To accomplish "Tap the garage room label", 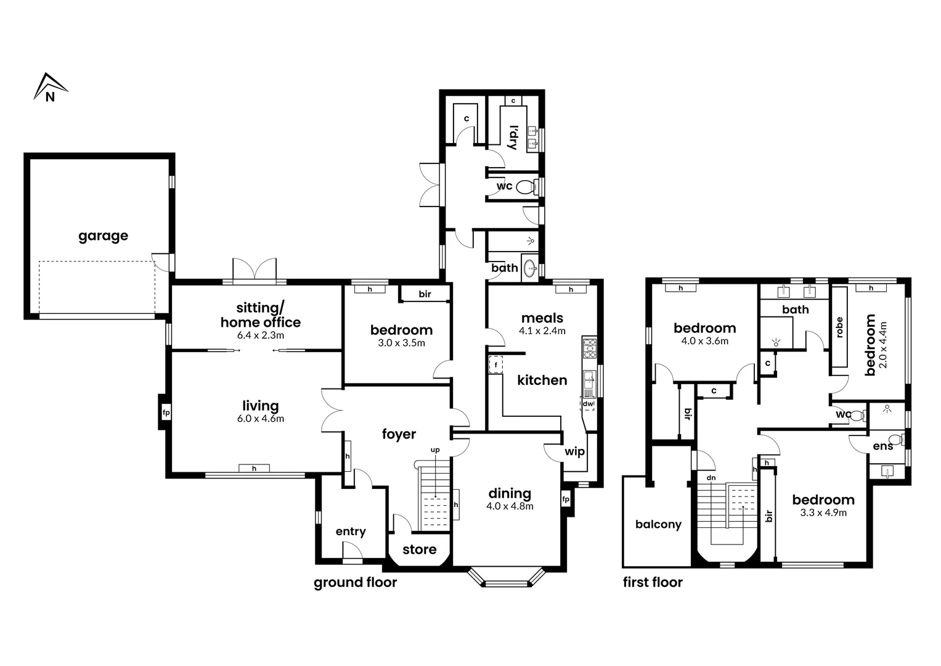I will tap(103, 236).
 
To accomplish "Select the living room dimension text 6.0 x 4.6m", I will tap(260, 419).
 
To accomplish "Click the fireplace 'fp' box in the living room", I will tap(166, 413).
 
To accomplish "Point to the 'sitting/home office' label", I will tap(261, 315).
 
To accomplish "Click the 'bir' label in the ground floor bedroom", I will tap(425, 294).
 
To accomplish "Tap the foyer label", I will tap(399, 434).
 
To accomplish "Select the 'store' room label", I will tap(419, 549).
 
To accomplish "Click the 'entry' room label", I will tap(351, 532).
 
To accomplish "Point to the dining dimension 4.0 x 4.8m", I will tap(510, 506).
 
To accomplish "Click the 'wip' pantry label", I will tap(574, 451).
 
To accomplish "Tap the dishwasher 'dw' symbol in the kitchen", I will tap(588, 405).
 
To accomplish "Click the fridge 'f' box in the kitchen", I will tap(494, 365).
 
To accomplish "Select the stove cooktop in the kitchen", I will tap(590, 348).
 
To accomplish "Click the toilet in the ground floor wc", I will tap(525, 186).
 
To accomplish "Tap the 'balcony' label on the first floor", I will tap(658, 524).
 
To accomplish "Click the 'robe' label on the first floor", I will tap(839, 327).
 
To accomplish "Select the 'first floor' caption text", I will tap(653, 582).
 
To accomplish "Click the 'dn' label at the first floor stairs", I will tap(711, 477).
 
